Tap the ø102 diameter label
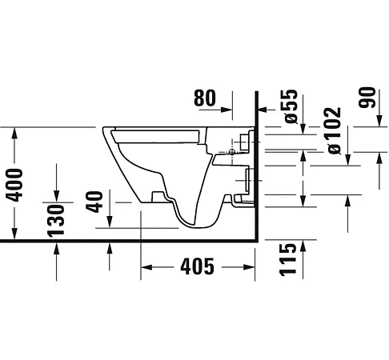(335, 129)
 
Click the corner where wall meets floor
(256, 239)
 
